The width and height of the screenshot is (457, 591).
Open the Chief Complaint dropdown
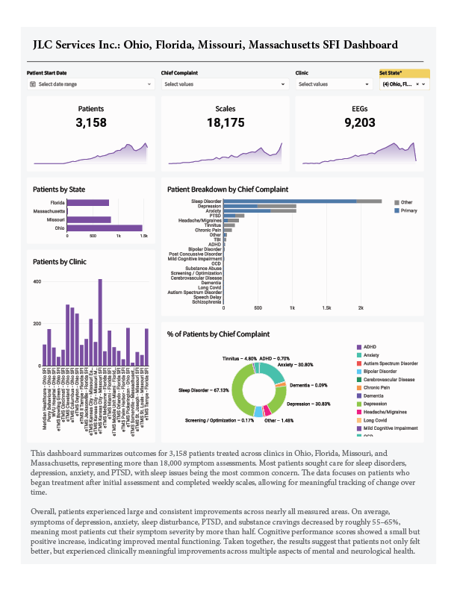[x=225, y=84]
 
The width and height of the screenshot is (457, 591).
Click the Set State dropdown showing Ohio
[x=403, y=84]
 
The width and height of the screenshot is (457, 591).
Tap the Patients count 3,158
[x=91, y=122]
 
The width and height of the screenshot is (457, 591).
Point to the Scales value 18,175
[x=226, y=122]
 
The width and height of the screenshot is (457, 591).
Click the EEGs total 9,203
[x=360, y=122]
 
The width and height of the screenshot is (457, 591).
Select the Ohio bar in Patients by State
[x=105, y=228]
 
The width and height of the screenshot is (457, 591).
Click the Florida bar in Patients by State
[x=88, y=203]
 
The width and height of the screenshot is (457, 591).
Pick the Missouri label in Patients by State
[x=55, y=220]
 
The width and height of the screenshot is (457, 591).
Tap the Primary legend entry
[x=408, y=211]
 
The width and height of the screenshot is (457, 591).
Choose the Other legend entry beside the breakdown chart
[x=406, y=202]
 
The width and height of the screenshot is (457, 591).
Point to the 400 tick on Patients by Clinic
[x=37, y=281]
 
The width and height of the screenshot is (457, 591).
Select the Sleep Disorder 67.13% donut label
[x=203, y=390]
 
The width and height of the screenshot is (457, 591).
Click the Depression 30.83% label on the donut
[x=308, y=404]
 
